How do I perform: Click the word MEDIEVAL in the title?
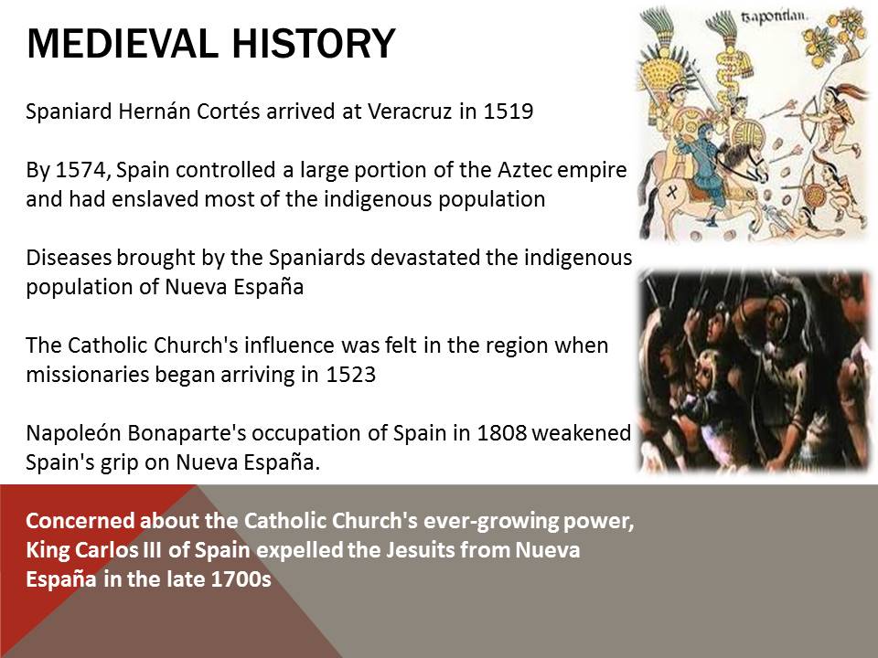tap(122, 43)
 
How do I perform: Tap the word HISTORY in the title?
tap(314, 43)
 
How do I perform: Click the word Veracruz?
tap(410, 111)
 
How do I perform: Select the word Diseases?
tap(69, 258)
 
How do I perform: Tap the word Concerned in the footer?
tap(80, 521)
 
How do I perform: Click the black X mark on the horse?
tap(672, 193)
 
